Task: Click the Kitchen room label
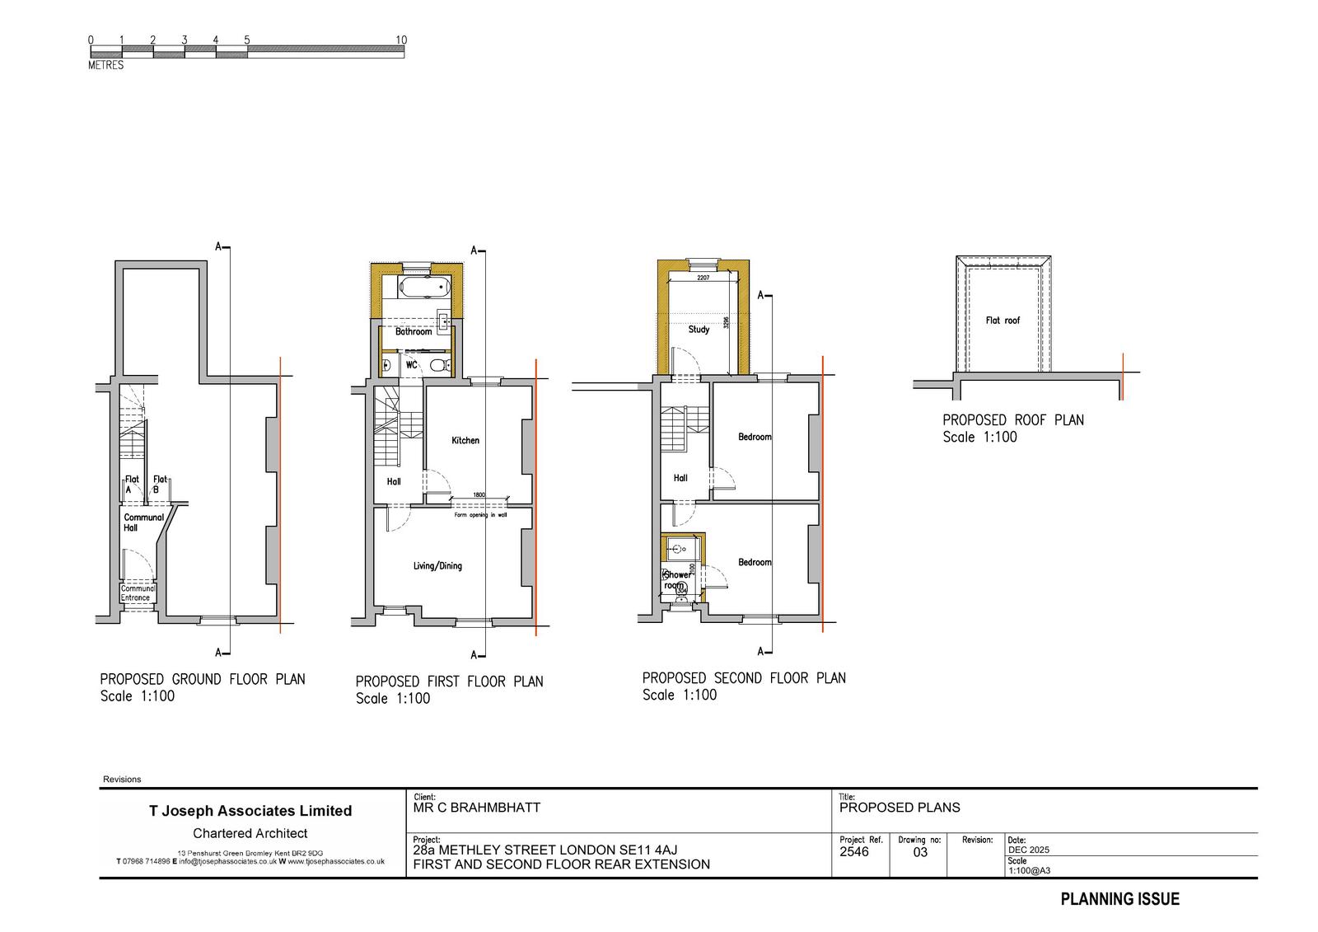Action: [x=465, y=440]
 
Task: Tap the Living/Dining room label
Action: [x=437, y=566]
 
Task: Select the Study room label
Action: [x=699, y=330]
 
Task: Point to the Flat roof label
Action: [x=1003, y=321]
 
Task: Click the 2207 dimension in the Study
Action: [x=703, y=279]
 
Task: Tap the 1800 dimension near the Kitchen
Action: [x=479, y=495]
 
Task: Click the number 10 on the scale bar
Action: [x=401, y=40]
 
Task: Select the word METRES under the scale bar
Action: [x=105, y=65]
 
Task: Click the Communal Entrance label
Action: [x=137, y=593]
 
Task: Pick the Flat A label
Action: [x=131, y=484]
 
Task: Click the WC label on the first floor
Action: [x=411, y=364]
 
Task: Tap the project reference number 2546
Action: [x=853, y=852]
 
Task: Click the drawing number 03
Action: [x=920, y=853]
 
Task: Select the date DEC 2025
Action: [x=1028, y=850]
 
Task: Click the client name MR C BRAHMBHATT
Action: [x=476, y=808]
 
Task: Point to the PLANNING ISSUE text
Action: [x=1119, y=899]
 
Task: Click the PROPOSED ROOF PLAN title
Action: [x=1013, y=420]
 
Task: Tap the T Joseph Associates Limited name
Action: [x=250, y=811]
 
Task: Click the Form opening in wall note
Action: [x=480, y=515]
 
